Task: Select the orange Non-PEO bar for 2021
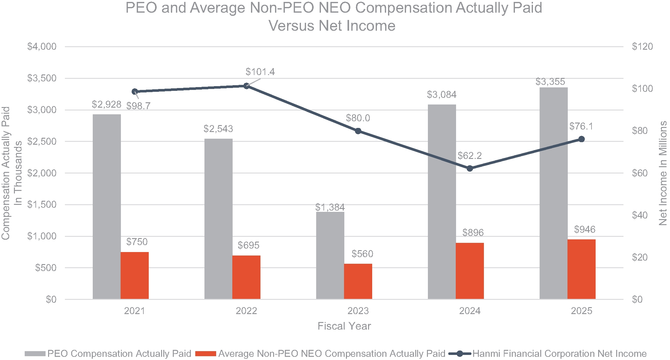135,275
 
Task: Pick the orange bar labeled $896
470,271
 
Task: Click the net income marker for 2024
470,168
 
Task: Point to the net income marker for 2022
246,86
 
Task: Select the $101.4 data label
260,72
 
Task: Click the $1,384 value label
330,207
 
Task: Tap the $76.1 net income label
581,126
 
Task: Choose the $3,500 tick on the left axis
42,78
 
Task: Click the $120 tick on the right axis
642,47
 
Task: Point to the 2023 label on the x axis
358,311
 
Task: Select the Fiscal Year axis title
344,326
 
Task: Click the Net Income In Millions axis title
663,173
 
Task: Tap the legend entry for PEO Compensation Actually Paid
119,353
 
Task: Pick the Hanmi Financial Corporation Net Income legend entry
559,353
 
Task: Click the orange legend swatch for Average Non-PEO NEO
205,354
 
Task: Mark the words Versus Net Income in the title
332,26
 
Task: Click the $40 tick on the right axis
639,215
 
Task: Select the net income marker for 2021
135,92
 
